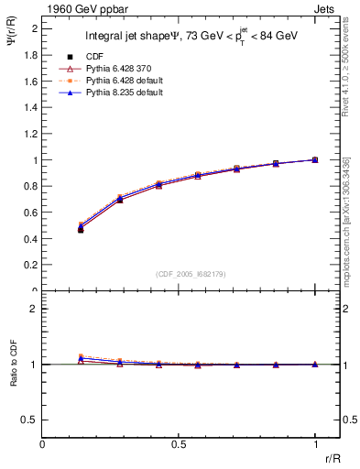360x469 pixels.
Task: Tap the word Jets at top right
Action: [327, 8]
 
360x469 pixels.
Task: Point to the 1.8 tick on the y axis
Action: [31, 55]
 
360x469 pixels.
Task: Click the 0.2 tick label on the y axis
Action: [31, 266]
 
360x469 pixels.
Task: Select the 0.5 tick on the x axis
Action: [179, 443]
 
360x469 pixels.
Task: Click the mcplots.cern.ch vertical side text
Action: [347, 220]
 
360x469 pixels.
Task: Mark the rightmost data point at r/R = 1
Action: [314, 159]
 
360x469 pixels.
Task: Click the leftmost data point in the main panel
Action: [81, 230]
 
